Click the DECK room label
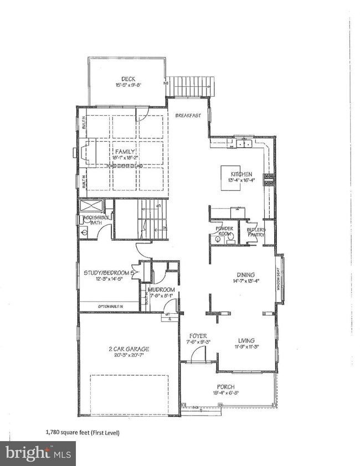click(x=121, y=79)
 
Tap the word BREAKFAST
click(x=187, y=116)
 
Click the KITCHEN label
click(x=241, y=174)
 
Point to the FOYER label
click(x=198, y=335)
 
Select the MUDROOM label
click(x=161, y=289)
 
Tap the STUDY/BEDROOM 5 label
click(x=109, y=272)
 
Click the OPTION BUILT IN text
click(x=110, y=306)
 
